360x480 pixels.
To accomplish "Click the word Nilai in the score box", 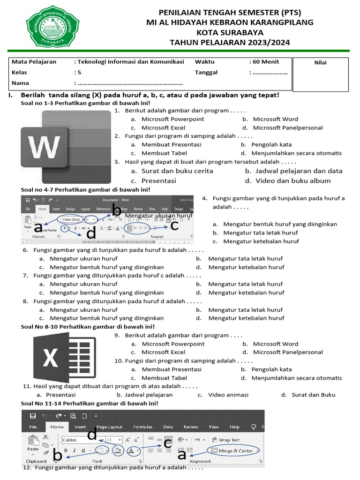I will (x=321, y=63).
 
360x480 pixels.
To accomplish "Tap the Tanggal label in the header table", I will (x=207, y=73).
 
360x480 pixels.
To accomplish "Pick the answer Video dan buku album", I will (x=293, y=181).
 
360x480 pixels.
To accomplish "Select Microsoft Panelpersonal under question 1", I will (x=287, y=127).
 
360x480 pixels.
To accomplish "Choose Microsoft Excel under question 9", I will (x=163, y=352).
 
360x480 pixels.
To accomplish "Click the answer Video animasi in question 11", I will (x=228, y=395).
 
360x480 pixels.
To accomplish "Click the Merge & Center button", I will (x=235, y=451).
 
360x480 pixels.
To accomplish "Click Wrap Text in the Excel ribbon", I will (x=229, y=440).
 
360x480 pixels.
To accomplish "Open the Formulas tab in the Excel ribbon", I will (x=142, y=427).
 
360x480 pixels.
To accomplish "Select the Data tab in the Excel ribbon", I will (x=168, y=427).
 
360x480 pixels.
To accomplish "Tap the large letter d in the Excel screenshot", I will (x=92, y=435).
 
